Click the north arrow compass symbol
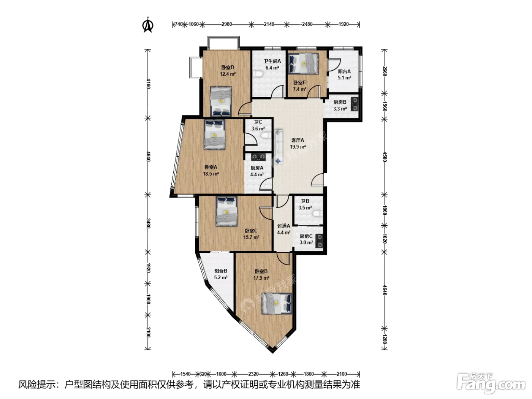point(147,25)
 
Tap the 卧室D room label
point(228,68)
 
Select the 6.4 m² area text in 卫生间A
point(272,68)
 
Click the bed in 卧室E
point(303,64)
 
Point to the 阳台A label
point(344,71)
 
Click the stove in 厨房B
point(355,104)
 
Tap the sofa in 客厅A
point(279,147)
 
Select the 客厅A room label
point(298,140)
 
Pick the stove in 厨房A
point(258,157)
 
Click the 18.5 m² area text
point(211,174)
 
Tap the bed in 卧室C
point(226,211)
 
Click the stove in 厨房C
point(319,241)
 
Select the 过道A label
point(283,226)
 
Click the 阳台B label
point(220,271)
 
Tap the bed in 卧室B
point(277,304)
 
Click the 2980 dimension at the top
point(226,24)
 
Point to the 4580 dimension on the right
point(385,157)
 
